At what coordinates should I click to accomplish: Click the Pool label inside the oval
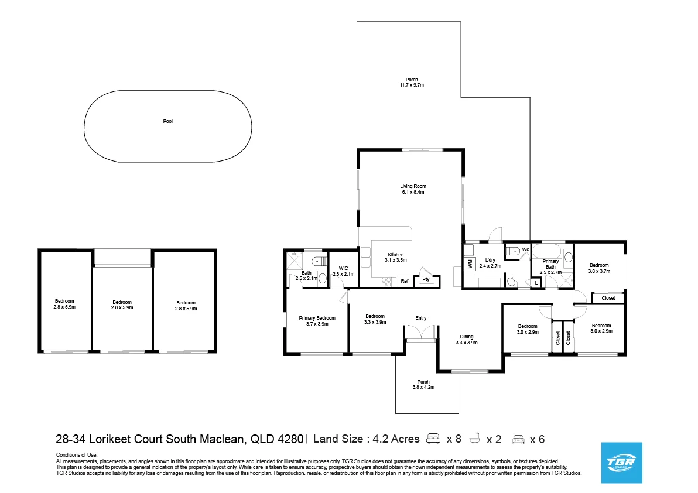[168, 122]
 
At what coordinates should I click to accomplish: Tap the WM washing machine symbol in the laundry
[470, 265]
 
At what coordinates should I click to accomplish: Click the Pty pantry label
[426, 280]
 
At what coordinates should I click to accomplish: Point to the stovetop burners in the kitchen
[386, 282]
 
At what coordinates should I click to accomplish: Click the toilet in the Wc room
[513, 251]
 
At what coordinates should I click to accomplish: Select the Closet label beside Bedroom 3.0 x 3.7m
[608, 298]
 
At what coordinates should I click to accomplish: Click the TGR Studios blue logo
[622, 463]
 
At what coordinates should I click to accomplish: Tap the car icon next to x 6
[518, 439]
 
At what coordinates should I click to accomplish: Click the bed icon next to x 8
[434, 439]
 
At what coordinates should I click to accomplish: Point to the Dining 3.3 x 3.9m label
[466, 340]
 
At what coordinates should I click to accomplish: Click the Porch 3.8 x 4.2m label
[423, 384]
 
